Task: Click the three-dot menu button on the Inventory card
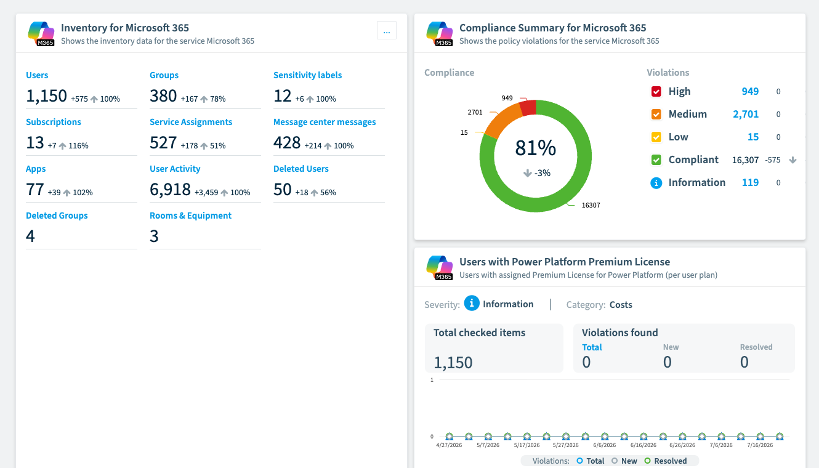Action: [387, 30]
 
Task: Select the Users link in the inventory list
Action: [37, 75]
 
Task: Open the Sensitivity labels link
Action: [307, 75]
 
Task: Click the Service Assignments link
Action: [191, 122]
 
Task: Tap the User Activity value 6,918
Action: [170, 190]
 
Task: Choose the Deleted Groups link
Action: [57, 216]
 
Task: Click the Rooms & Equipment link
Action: [190, 216]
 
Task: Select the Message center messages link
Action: [325, 122]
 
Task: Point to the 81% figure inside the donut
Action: [536, 148]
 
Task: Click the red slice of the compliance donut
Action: [528, 108]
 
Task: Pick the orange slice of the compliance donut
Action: [504, 121]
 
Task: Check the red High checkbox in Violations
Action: [656, 91]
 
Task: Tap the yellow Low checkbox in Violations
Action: [656, 137]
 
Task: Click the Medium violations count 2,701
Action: [746, 114]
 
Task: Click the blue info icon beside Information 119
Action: [656, 182]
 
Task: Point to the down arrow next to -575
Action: [793, 159]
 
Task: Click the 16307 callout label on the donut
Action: [591, 205]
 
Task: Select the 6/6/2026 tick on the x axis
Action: [604, 445]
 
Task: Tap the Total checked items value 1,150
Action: [453, 362]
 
